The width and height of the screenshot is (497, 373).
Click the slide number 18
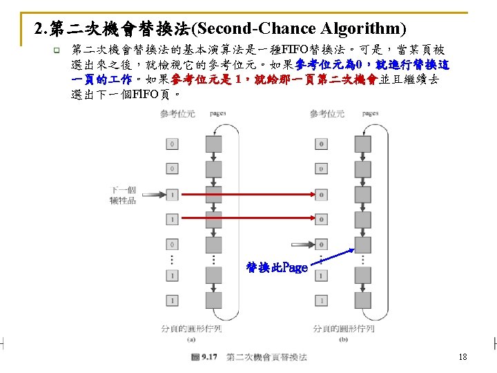tap(462, 357)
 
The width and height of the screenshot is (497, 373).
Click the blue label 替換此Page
tap(277, 267)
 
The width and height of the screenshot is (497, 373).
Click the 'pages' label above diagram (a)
tap(219, 113)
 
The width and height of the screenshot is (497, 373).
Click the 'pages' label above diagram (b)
tap(370, 113)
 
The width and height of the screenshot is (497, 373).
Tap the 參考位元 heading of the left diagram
tap(177, 113)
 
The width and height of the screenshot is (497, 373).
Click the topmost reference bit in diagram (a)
tap(172, 144)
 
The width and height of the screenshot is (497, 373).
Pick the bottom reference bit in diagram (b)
tap(321, 301)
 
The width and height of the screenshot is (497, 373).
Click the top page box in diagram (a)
tap(214, 144)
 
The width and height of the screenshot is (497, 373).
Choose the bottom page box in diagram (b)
tap(364, 301)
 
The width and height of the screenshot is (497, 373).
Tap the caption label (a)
tap(190, 338)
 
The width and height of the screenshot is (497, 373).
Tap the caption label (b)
tap(343, 338)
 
